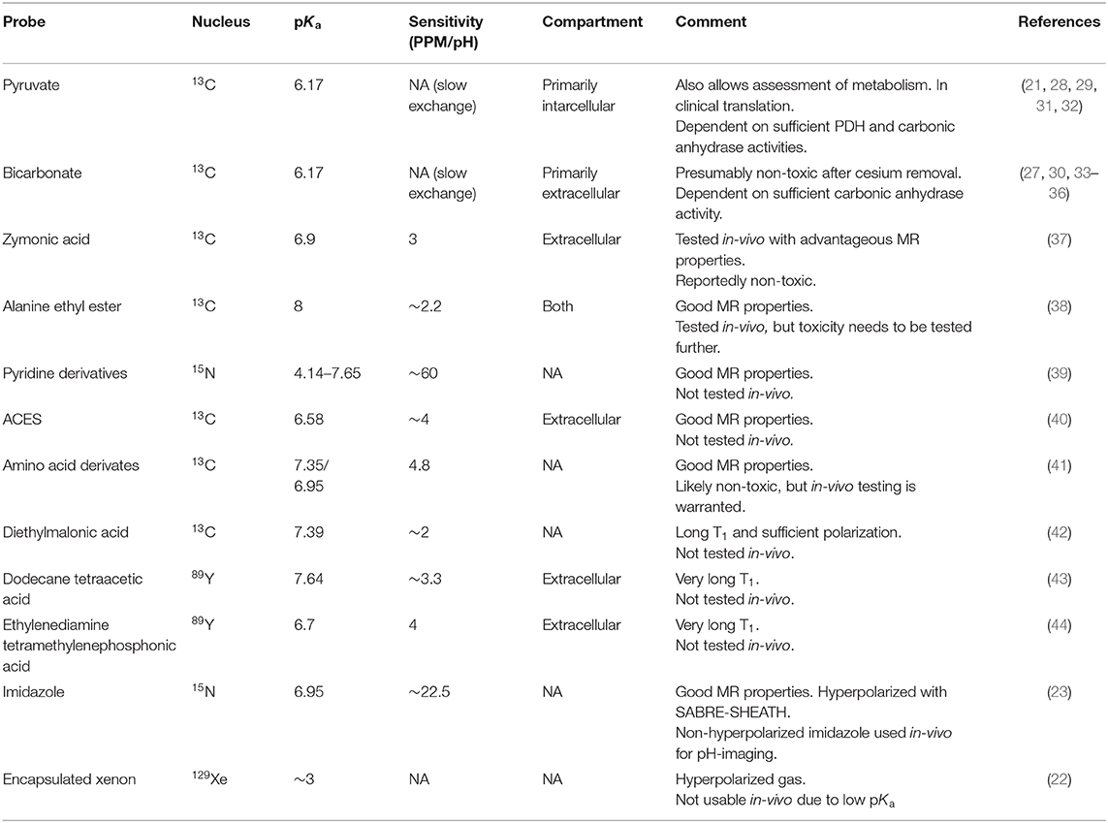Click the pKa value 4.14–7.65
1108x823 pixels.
tap(319, 372)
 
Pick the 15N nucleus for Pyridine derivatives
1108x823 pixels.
tap(206, 372)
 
